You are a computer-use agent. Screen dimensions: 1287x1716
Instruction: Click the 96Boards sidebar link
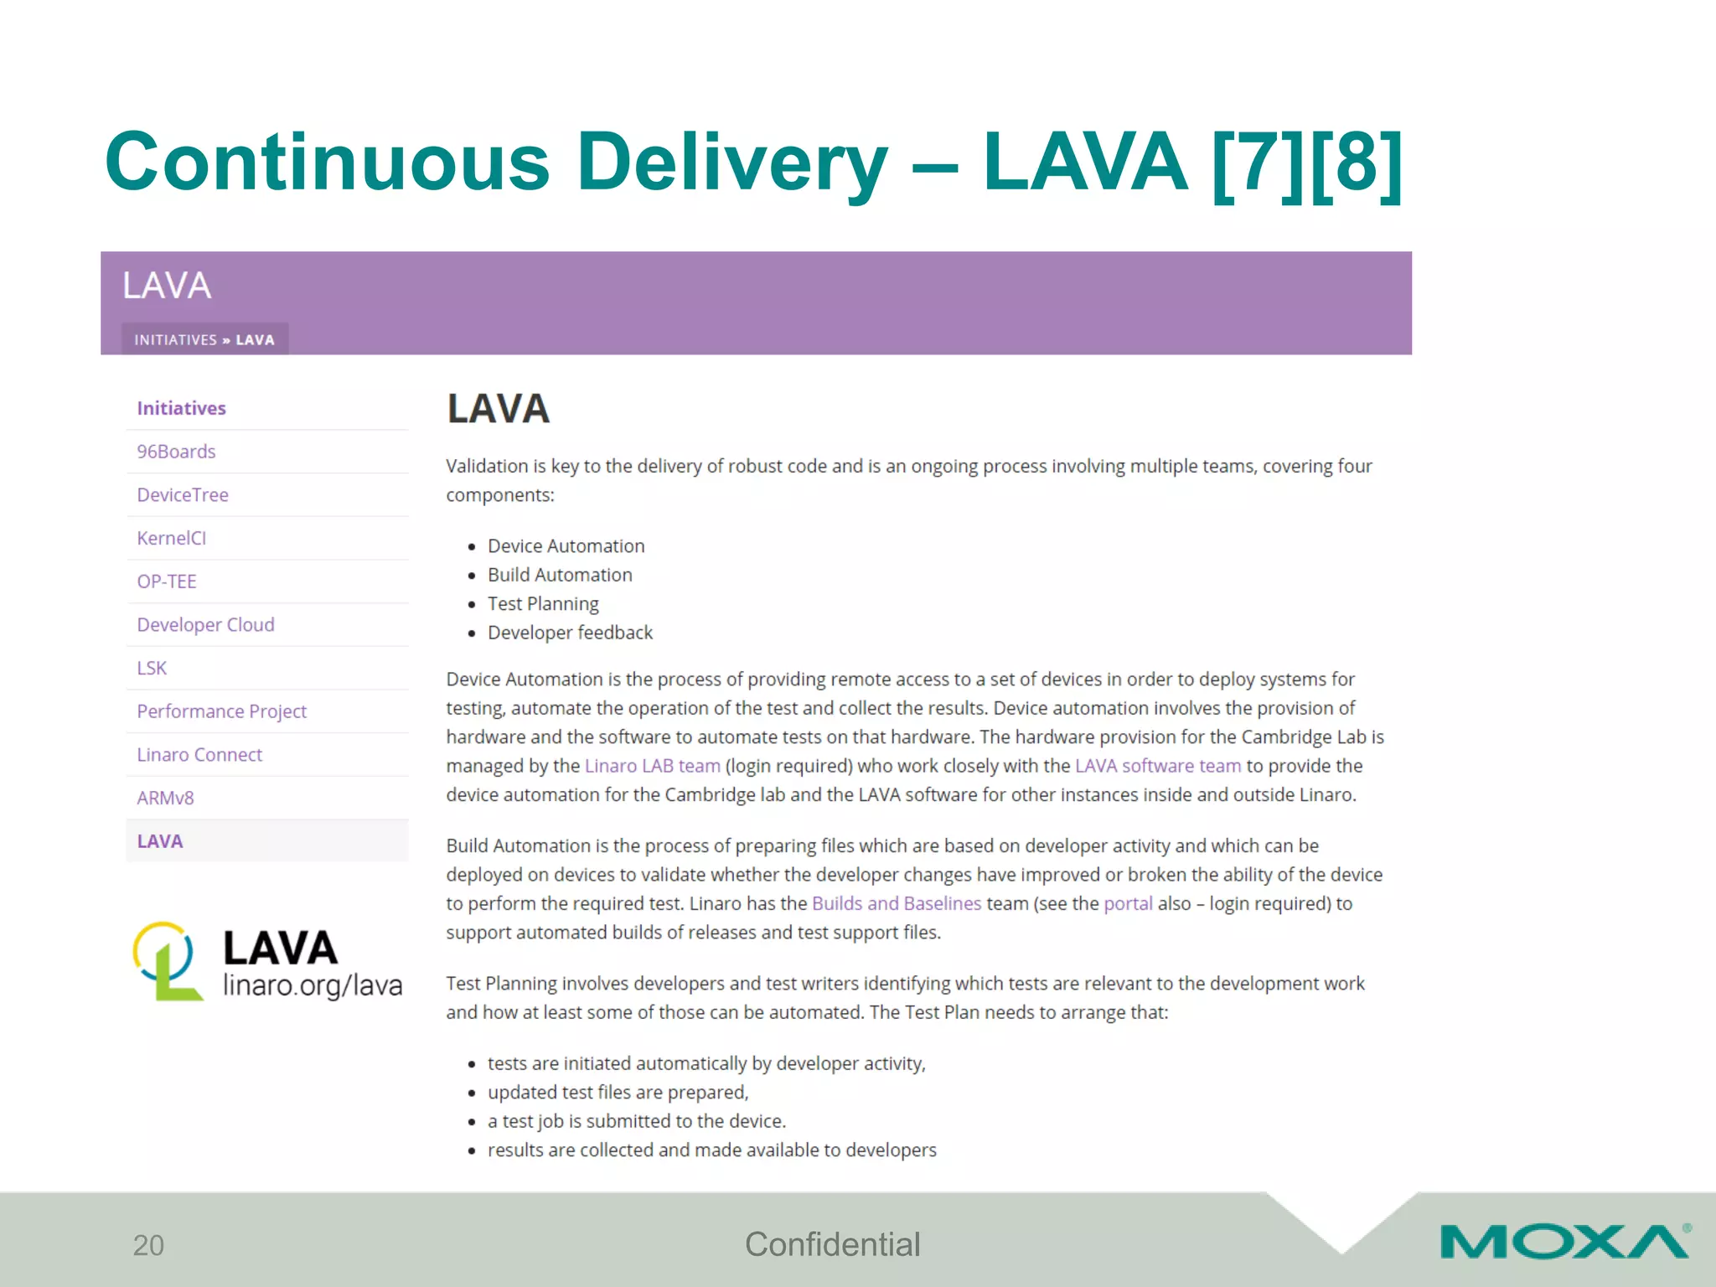[176, 452]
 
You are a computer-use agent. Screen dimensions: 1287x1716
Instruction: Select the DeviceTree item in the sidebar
[183, 495]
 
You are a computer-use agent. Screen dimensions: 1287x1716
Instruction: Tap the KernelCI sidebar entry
[172, 538]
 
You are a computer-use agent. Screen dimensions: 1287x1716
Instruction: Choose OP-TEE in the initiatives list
[167, 581]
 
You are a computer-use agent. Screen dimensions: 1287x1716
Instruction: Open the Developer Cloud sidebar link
[205, 625]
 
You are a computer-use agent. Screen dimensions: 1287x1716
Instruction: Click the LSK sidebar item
[152, 668]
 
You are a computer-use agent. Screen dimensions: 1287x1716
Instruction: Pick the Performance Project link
[222, 711]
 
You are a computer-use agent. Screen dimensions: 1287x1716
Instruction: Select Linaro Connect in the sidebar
[199, 755]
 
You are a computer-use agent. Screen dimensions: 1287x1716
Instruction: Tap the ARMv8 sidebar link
[165, 798]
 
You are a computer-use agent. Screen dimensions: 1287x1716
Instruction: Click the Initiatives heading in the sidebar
[181, 408]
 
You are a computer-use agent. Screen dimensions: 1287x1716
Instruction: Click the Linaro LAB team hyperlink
[652, 766]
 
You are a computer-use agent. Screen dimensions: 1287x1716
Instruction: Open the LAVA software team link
[1157, 766]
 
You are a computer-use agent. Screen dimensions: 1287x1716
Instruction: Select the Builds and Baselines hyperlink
[896, 903]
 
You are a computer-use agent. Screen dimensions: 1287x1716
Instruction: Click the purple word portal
[1128, 903]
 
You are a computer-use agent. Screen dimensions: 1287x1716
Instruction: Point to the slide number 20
[148, 1245]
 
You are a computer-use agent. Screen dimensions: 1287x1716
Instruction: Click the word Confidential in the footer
[832, 1244]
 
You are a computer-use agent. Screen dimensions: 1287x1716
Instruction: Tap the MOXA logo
[1564, 1242]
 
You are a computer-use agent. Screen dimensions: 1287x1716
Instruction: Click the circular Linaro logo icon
[166, 960]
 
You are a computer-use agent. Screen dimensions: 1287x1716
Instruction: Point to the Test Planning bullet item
[543, 604]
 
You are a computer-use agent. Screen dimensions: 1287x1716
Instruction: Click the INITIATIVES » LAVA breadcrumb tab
[204, 339]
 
